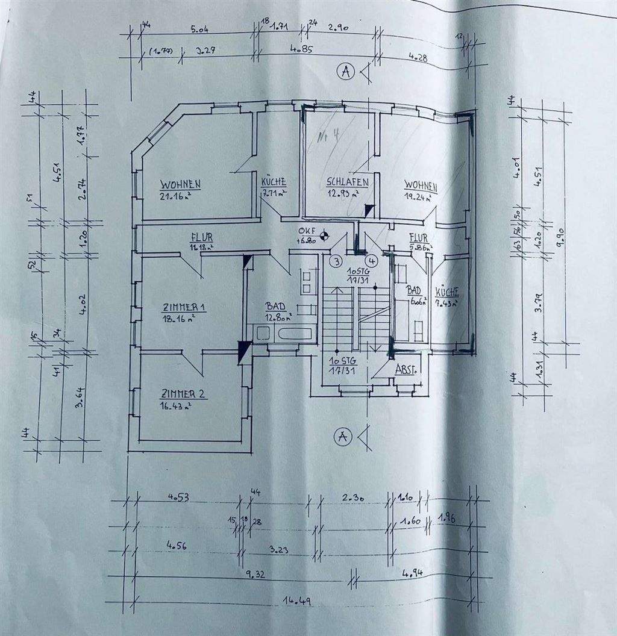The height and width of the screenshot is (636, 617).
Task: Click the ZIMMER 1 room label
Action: (184, 308)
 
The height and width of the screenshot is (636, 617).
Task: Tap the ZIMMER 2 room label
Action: (183, 394)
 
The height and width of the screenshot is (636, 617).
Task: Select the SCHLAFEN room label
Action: (347, 182)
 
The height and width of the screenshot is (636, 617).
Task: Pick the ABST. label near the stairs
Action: (407, 369)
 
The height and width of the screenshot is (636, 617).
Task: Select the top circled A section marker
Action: (345, 72)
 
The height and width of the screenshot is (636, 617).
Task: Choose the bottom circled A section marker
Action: (342, 435)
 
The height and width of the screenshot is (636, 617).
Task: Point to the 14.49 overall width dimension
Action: (293, 600)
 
